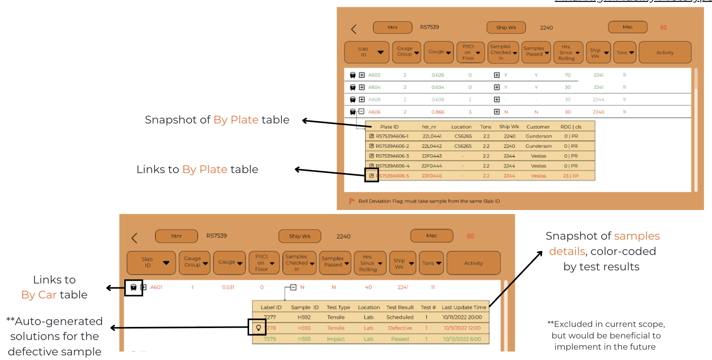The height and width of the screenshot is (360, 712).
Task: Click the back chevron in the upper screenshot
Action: [354, 29]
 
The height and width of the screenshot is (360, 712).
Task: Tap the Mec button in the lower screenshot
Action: [431, 236]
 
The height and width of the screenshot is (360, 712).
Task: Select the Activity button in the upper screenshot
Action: [665, 53]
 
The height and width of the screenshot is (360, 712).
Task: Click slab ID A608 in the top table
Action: [374, 100]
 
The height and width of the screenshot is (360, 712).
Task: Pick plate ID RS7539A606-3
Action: [392, 156]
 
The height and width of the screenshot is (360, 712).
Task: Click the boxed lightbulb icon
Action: [258, 328]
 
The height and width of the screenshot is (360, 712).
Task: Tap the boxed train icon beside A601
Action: [133, 287]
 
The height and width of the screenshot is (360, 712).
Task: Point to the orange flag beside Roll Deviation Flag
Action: [352, 201]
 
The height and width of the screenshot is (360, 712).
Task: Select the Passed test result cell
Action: [400, 339]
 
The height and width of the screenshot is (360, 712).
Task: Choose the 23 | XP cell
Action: [571, 176]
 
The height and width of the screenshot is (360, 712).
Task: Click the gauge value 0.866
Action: [438, 112]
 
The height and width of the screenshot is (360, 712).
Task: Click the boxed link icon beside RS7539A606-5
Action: [371, 175]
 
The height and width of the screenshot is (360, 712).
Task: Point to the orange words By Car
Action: [39, 295]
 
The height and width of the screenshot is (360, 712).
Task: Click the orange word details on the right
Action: [567, 251]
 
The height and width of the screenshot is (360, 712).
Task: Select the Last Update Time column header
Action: [464, 307]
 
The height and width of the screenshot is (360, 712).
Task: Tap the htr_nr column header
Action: [429, 127]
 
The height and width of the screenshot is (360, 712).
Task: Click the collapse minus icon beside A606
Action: [361, 112]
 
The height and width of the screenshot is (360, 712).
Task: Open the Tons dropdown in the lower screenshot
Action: [431, 263]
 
